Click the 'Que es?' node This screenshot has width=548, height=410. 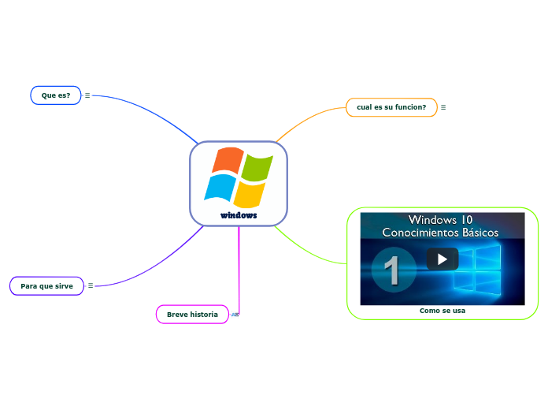point(56,95)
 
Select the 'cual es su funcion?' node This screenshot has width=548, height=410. point(391,107)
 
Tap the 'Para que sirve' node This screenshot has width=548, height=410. point(46,285)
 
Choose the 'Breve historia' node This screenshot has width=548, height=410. point(192,315)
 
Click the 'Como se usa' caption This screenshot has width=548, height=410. point(442,311)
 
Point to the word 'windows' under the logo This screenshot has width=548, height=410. point(239,215)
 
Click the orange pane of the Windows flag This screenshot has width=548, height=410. point(226,160)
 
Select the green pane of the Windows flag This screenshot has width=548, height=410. point(256,166)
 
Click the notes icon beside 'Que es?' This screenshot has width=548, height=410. point(87,95)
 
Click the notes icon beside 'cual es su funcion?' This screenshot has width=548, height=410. point(443,107)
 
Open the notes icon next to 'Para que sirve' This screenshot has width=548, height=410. point(91,285)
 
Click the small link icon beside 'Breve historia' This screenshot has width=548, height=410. point(235,315)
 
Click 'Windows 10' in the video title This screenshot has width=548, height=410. point(440,219)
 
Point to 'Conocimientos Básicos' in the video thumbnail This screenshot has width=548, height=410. point(440,233)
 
